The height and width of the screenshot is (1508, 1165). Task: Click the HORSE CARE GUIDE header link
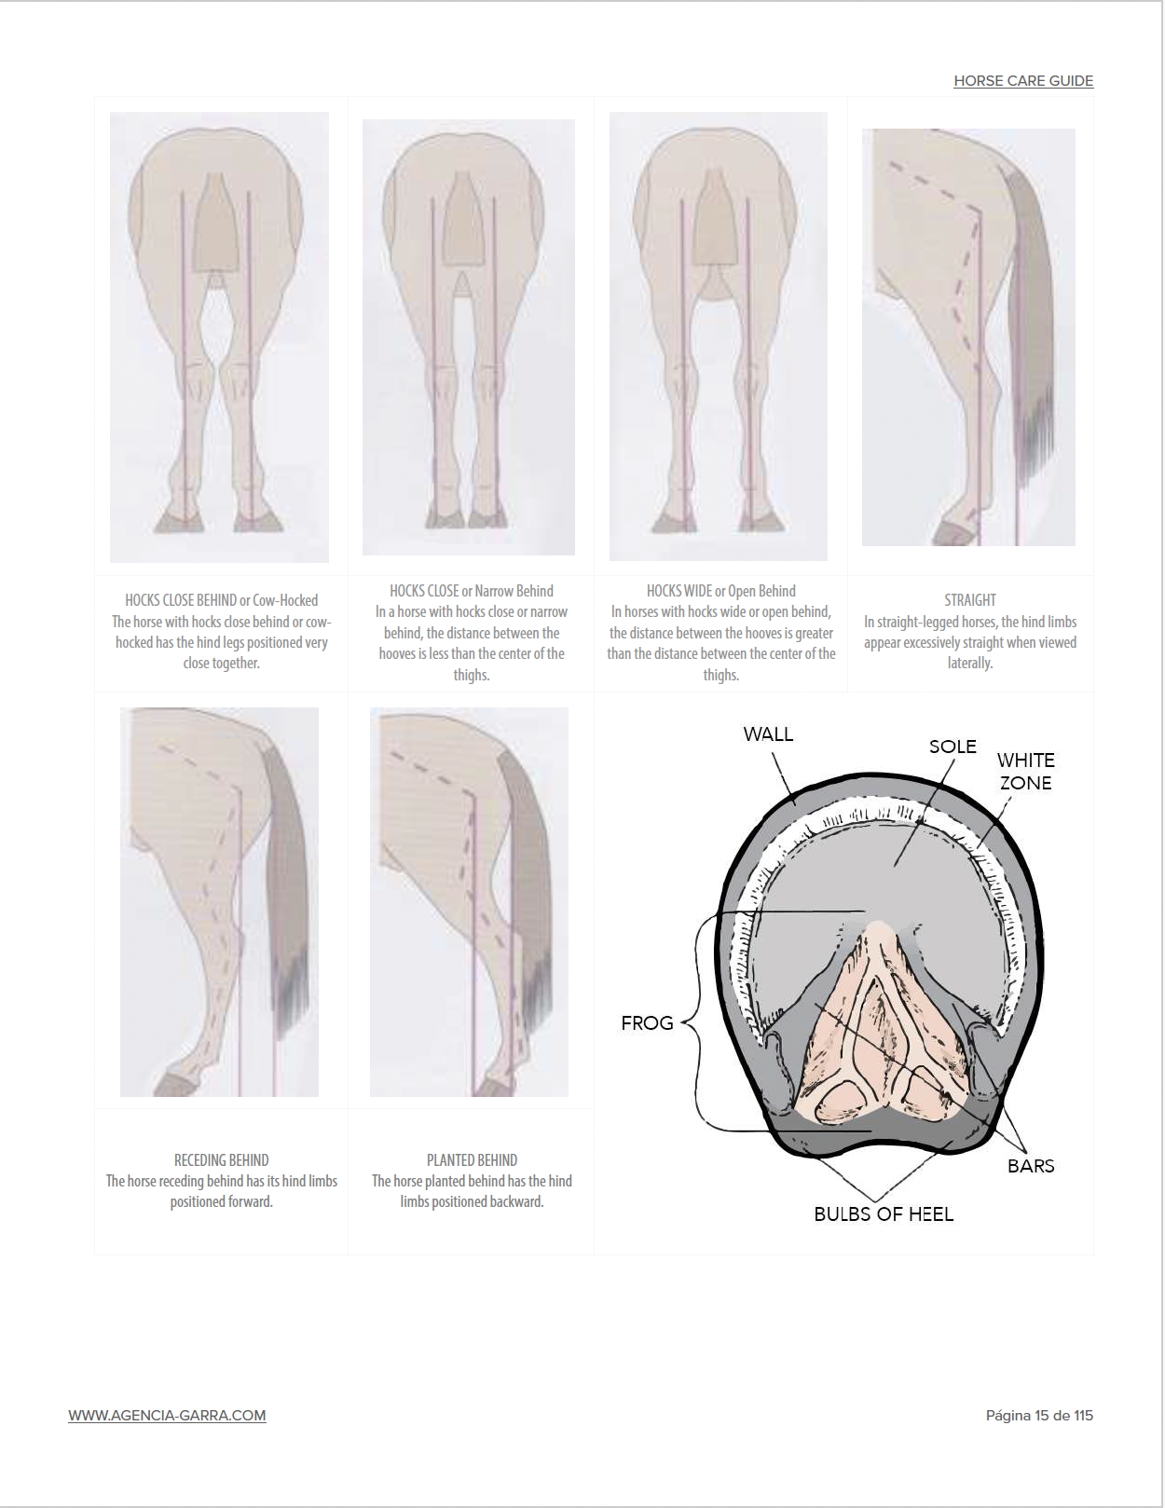click(1023, 80)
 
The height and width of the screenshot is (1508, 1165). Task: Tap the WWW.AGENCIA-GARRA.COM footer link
click(167, 1416)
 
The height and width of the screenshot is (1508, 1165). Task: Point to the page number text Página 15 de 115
click(1039, 1416)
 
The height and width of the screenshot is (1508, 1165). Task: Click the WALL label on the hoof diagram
click(768, 734)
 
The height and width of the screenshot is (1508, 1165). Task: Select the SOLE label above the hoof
click(953, 747)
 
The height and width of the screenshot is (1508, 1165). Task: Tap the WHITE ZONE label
click(1025, 771)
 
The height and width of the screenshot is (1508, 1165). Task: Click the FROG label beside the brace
click(648, 1023)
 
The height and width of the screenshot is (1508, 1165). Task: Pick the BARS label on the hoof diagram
click(1031, 1166)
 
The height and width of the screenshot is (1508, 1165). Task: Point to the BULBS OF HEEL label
click(884, 1214)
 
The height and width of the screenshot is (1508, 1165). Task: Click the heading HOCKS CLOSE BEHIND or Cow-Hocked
click(221, 600)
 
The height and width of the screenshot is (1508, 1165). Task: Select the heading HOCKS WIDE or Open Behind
click(721, 591)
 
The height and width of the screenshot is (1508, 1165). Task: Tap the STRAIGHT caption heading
click(970, 600)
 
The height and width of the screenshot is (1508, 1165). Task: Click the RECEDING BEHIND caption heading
click(221, 1160)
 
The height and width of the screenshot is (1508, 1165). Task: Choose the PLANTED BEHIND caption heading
click(472, 1160)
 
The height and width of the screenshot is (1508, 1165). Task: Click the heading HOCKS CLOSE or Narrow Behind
click(472, 591)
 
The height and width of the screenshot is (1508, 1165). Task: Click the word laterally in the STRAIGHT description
click(970, 664)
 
